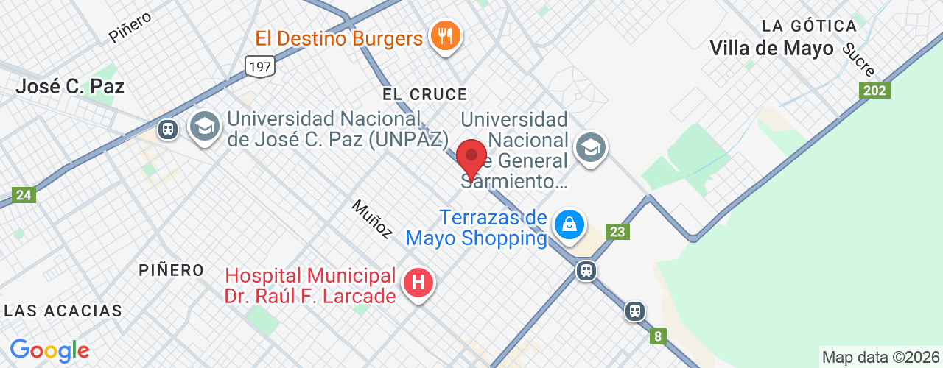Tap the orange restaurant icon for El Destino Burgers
445,36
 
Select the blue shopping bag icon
569,224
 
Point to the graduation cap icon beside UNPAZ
204,127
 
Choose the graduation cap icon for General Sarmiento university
590,149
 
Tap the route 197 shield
260,66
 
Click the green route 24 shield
24,195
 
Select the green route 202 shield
874,90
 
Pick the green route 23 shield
618,232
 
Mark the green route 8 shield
658,336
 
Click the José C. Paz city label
70,86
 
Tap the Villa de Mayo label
771,49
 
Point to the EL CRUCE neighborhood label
424,94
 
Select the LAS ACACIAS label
63,311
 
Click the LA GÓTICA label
809,26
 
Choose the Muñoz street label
372,219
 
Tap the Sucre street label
858,60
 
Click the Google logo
49,350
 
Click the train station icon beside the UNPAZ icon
168,130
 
